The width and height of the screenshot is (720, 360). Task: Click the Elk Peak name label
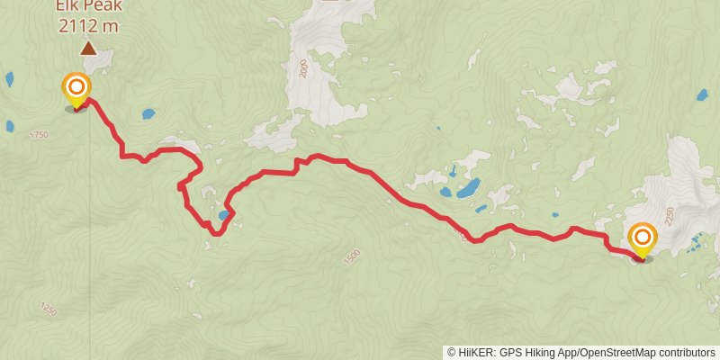88,6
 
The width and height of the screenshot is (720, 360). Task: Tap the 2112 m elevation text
88,26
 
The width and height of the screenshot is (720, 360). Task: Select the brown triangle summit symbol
88,49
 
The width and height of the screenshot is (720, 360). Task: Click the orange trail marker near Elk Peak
77,87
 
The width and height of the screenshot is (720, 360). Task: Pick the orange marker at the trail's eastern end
643,238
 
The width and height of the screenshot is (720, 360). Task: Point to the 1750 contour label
39,134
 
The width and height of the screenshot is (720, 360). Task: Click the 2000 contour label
303,71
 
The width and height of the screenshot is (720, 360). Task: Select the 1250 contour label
48,309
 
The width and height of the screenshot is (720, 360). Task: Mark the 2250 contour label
668,215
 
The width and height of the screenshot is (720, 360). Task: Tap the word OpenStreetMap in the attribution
617,352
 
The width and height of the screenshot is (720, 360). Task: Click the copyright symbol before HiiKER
451,352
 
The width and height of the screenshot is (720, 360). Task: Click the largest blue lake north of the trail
467,188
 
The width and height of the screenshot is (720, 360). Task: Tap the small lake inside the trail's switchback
223,215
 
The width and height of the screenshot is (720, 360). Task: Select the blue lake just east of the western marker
148,114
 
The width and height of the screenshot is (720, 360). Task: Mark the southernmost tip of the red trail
214,235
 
